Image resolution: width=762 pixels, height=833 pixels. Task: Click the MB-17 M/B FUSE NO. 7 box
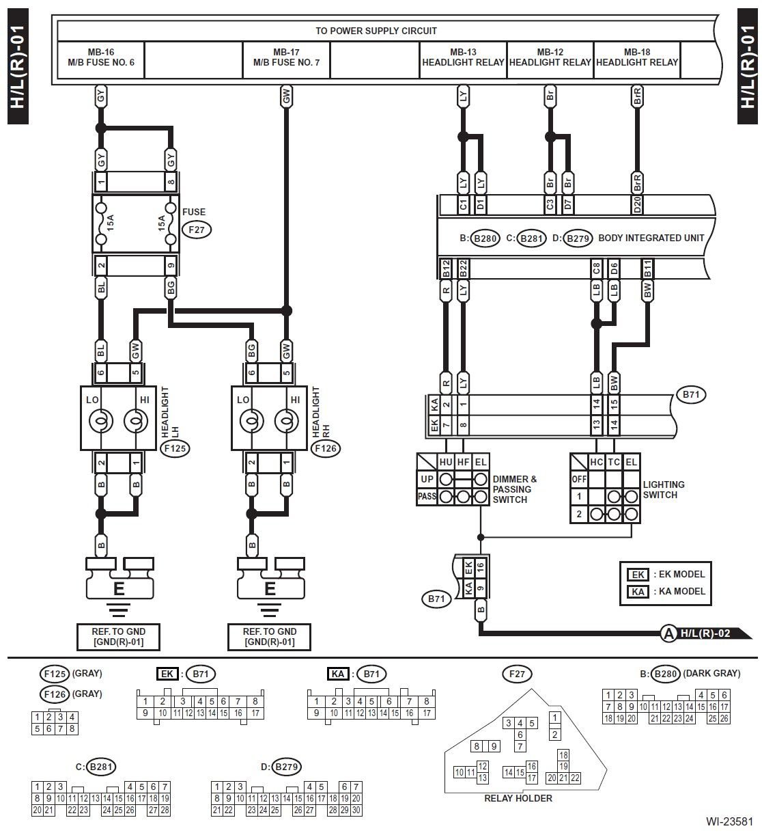coord(286,59)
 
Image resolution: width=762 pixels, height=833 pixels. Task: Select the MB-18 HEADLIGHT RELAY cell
coord(636,59)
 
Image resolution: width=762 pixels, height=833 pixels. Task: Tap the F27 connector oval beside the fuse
coord(197,230)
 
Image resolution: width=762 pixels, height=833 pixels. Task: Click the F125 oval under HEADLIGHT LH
coord(175,448)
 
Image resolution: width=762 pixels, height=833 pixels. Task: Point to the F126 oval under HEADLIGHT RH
coord(326,448)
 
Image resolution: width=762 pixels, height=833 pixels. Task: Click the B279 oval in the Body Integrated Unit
coord(578,238)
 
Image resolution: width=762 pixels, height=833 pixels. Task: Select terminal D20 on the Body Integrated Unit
coord(637,205)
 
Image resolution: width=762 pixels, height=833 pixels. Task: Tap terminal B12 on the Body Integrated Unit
coord(446,269)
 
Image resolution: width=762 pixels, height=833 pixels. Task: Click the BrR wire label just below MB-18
coord(637,96)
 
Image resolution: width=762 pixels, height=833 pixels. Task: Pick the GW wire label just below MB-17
coord(286,96)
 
